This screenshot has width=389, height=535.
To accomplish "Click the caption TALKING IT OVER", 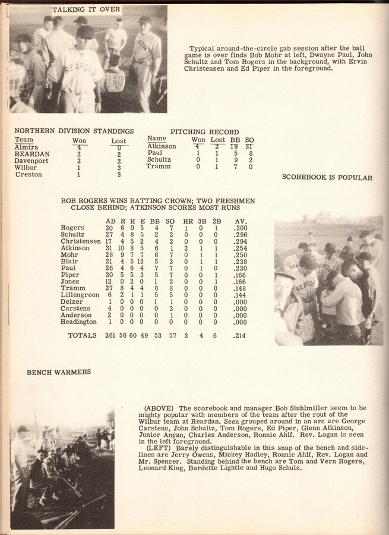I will [86, 10].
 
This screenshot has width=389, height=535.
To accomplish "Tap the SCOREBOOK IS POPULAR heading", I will [327, 178].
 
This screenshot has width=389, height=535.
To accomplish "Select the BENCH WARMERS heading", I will [59, 372].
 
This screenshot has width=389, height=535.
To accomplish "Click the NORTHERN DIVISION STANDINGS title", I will [74, 131].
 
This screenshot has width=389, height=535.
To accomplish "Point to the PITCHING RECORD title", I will [205, 131].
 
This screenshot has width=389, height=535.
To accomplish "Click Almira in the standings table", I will [27, 147].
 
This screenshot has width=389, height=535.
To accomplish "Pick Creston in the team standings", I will [29, 175].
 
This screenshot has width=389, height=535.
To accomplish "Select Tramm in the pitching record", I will [159, 167].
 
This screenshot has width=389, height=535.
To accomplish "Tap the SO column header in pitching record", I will [250, 140].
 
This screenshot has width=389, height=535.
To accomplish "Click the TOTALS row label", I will [82, 336].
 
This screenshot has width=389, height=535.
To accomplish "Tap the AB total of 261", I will [110, 336].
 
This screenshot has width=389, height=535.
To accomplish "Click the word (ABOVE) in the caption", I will [157, 408].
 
